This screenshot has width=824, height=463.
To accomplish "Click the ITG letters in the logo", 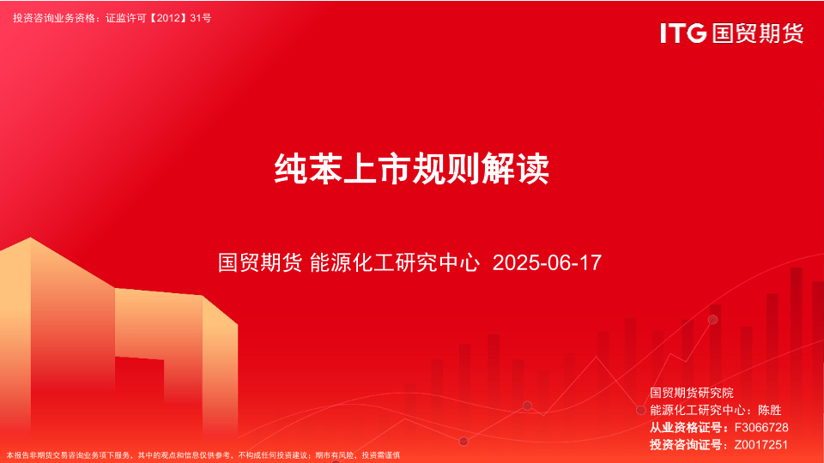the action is (x=683, y=33).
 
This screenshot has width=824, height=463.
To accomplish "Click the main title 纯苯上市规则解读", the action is (x=412, y=169).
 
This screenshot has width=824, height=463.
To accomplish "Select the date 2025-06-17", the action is (x=547, y=262).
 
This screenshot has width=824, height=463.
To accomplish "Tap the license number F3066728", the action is (x=761, y=427).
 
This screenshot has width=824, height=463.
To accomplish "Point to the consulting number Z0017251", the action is (x=761, y=445).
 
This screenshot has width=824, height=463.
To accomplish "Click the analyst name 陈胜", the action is (x=770, y=410).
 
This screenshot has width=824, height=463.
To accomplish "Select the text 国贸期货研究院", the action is (x=692, y=393).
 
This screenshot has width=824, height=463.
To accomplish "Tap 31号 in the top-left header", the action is (x=201, y=18).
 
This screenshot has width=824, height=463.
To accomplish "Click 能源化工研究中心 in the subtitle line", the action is (x=395, y=262).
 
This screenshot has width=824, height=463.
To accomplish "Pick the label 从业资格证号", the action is (x=686, y=427).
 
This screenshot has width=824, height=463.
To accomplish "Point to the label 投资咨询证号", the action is (x=686, y=445).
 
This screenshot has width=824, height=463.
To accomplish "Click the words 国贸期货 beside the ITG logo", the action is (x=758, y=33).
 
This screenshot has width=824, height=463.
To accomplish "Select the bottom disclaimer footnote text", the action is (x=203, y=455).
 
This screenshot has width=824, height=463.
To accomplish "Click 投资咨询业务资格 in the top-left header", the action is (x=54, y=18).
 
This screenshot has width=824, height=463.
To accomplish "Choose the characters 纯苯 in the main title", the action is (x=308, y=169).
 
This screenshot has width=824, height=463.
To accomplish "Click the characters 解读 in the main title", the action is (x=516, y=169).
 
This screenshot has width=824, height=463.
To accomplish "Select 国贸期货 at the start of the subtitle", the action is (x=260, y=262).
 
